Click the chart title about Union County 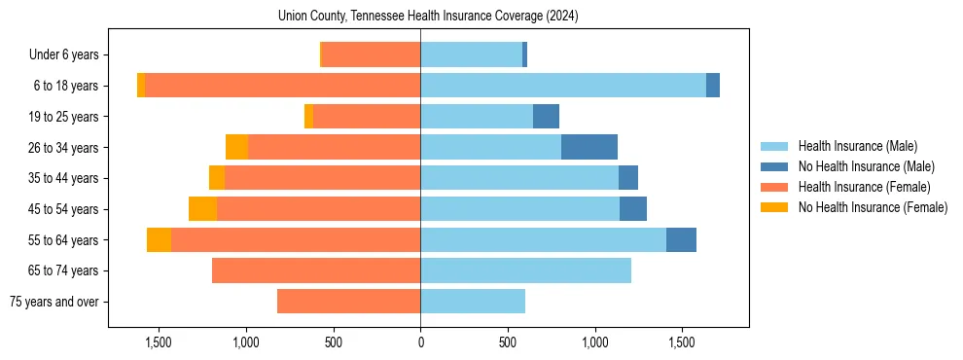point(428,17)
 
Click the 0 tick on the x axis point(420,342)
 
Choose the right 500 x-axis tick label point(508,342)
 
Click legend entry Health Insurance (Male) point(857,146)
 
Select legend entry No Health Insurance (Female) point(873,207)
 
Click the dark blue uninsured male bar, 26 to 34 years point(589,147)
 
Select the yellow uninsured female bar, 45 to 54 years point(202,209)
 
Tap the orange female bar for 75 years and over point(348,302)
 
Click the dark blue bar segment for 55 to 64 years point(681,239)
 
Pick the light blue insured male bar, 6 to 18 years point(563,86)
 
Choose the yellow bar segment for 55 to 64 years point(159,239)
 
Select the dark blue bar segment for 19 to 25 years point(546,117)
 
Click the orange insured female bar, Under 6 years point(371,55)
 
